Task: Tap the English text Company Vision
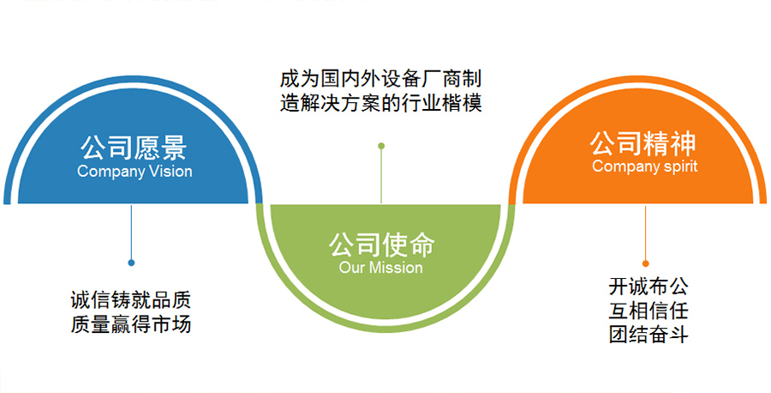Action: click(x=134, y=171)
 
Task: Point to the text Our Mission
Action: click(x=381, y=268)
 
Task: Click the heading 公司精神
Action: click(x=644, y=142)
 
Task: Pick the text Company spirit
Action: click(x=644, y=166)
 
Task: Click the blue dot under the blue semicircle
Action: click(x=131, y=263)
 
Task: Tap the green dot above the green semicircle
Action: click(x=381, y=146)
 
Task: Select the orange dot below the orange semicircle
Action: click(x=645, y=263)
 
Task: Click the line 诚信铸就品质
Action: click(x=130, y=301)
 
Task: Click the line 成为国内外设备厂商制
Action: click(x=381, y=79)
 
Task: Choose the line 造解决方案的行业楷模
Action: click(x=381, y=104)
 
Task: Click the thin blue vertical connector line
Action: click(x=131, y=232)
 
